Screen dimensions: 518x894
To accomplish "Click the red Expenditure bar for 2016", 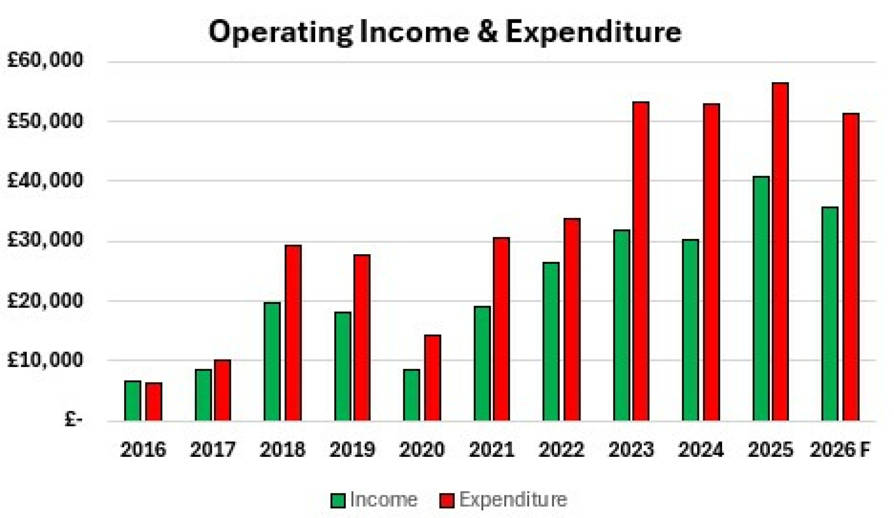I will click(x=154, y=401).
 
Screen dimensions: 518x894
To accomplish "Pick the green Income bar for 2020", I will click(x=411, y=395).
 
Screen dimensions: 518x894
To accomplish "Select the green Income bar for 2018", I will click(x=272, y=361).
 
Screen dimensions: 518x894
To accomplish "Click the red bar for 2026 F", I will click(x=851, y=267).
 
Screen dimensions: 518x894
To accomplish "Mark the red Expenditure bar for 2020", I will click(x=433, y=378).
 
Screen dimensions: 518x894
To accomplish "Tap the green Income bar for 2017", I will click(x=203, y=395).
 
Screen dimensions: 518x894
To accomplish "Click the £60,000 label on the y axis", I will click(x=45, y=60).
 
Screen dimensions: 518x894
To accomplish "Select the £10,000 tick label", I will click(x=45, y=360).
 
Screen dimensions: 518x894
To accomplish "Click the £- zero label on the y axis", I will click(x=73, y=420).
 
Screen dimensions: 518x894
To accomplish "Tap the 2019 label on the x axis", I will click(x=352, y=449).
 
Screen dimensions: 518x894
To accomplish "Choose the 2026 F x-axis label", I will click(x=840, y=449).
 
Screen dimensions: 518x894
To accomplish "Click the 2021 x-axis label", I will click(x=492, y=449).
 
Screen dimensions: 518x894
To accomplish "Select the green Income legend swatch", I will click(x=338, y=500).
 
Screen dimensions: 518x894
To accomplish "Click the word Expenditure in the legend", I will click(x=513, y=500).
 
